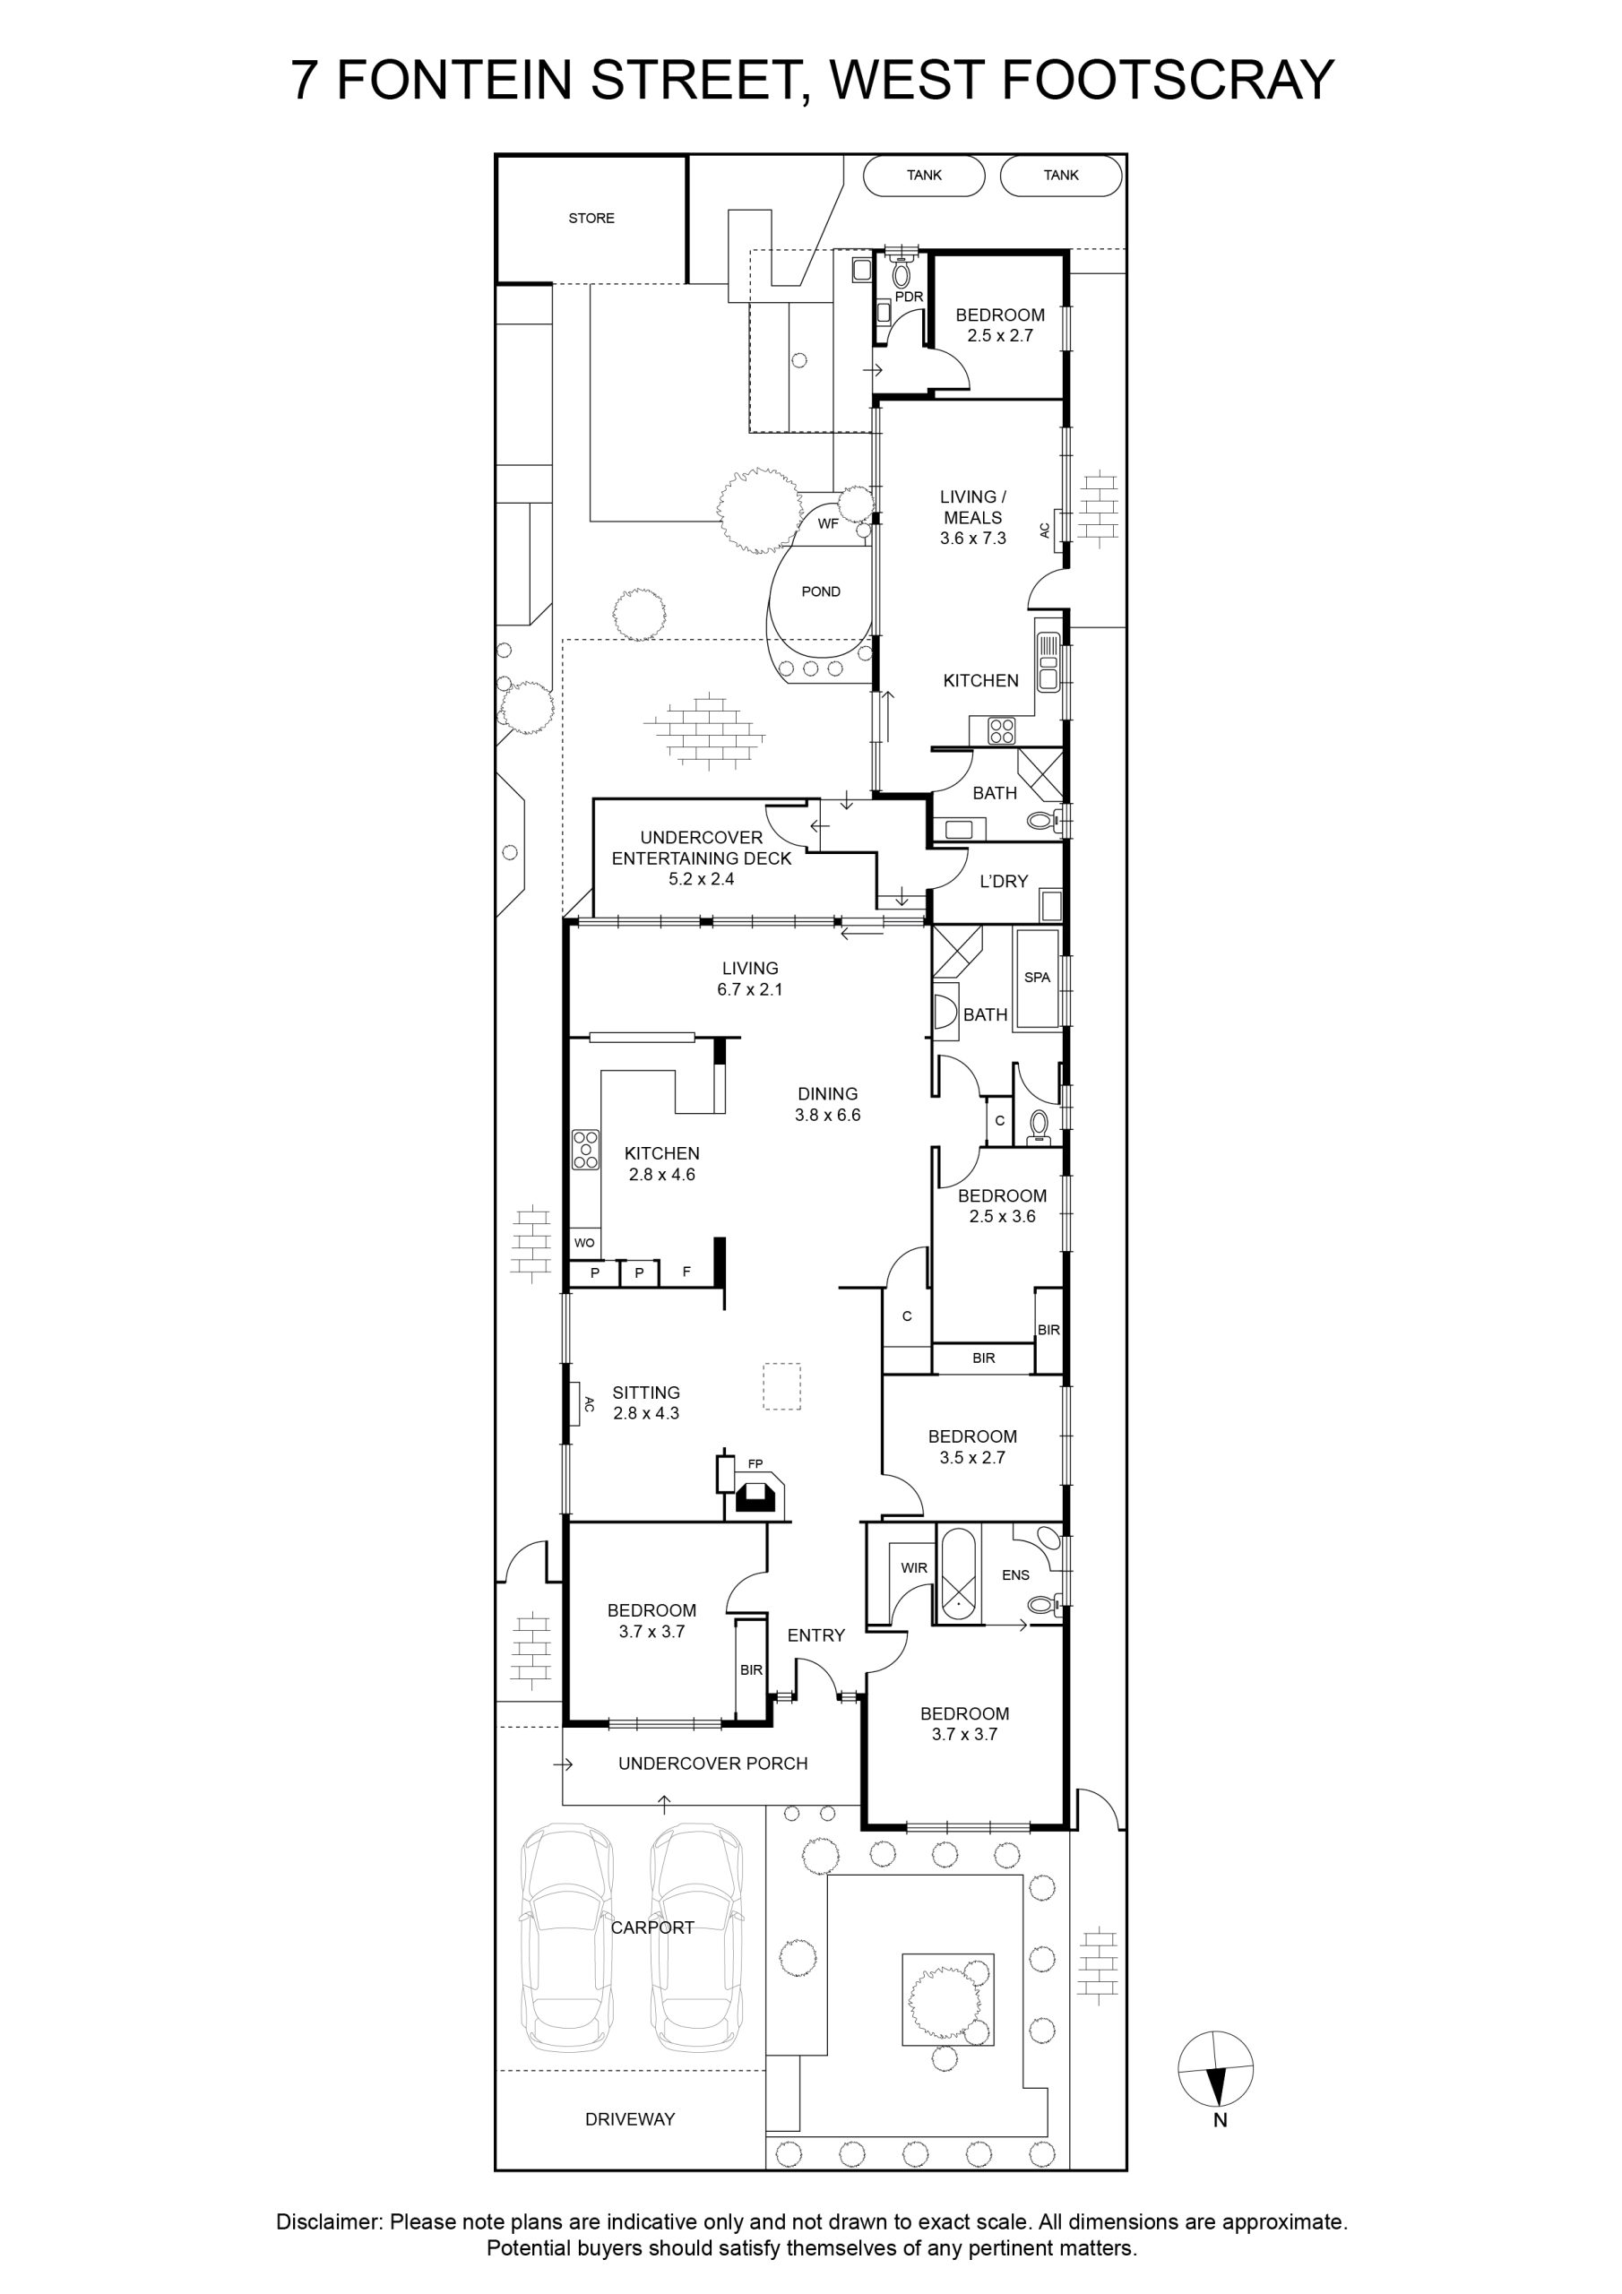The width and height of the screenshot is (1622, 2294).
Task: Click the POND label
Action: click(821, 591)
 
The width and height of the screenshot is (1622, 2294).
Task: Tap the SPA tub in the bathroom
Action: click(1038, 977)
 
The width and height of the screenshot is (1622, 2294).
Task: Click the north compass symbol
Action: click(1215, 2069)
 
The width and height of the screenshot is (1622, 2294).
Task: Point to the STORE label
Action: click(591, 218)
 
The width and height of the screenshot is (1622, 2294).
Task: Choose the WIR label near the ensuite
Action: click(914, 1567)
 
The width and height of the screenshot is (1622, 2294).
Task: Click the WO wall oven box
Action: click(584, 1243)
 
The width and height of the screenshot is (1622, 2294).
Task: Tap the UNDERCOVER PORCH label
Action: click(712, 1764)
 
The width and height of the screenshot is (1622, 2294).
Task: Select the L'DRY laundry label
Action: click(1004, 881)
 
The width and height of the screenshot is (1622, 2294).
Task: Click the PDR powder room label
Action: click(909, 297)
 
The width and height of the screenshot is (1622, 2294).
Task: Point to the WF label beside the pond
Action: click(829, 523)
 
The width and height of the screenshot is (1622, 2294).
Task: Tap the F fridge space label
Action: click(686, 1272)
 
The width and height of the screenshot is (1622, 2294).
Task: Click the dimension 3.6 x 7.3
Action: click(972, 539)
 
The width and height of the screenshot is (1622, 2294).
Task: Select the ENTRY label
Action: click(815, 1635)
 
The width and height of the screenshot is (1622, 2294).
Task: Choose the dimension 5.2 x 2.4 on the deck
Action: click(702, 879)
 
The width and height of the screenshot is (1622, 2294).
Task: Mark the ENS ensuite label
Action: click(1015, 1574)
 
